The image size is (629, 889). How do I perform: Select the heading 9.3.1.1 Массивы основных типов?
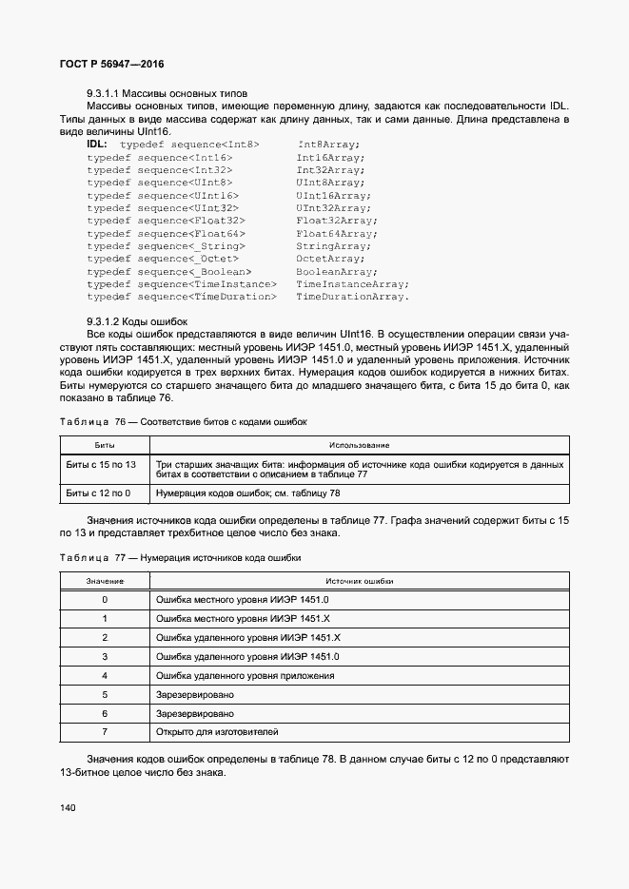click(x=167, y=93)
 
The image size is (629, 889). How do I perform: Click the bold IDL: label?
click(x=97, y=144)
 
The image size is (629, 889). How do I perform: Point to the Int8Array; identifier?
click(x=327, y=144)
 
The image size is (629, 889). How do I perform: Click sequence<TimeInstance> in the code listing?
click(x=207, y=284)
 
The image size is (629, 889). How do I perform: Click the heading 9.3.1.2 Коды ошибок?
click(x=137, y=322)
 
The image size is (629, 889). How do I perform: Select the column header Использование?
click(x=359, y=445)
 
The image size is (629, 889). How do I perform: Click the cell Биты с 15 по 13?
click(x=101, y=464)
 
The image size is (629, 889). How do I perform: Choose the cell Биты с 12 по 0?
click(x=98, y=493)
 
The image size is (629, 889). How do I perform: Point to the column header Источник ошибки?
click(x=359, y=581)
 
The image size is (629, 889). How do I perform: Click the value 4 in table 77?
click(x=104, y=675)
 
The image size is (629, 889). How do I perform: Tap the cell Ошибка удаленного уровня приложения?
click(x=245, y=675)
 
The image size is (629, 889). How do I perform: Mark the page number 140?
click(x=69, y=807)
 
